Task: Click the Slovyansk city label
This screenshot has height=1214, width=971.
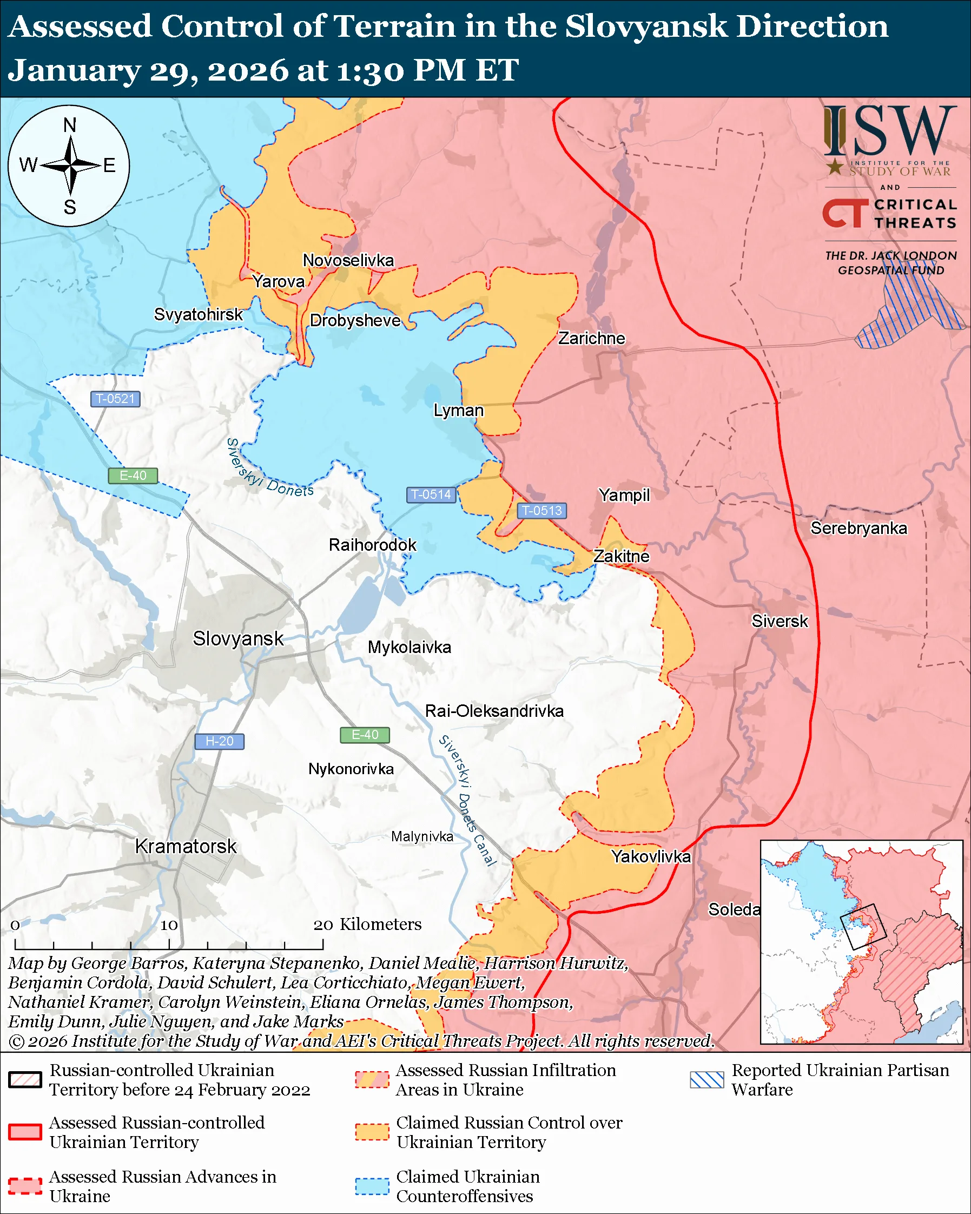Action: tap(238, 638)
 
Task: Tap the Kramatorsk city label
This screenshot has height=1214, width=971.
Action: tap(186, 846)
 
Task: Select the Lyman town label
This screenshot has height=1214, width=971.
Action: tap(458, 411)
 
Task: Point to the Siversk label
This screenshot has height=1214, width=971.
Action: tap(780, 621)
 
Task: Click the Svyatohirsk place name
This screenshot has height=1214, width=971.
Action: tap(198, 314)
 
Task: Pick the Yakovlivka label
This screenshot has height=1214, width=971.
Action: tap(651, 856)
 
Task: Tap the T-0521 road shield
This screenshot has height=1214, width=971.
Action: tap(115, 399)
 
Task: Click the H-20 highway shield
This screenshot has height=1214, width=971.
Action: tap(219, 741)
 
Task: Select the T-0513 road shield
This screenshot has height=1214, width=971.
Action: tap(541, 510)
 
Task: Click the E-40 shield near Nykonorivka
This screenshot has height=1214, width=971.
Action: tap(365, 735)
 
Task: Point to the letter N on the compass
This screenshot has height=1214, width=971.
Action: tap(70, 125)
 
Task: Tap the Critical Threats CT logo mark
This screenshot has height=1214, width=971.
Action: tap(844, 213)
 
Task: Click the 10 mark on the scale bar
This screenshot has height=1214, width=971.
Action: tap(169, 925)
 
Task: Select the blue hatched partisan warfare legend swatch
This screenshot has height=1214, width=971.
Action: tap(707, 1079)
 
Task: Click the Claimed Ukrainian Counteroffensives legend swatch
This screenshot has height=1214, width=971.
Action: tap(372, 1186)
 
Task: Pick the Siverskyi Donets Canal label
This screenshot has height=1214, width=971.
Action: tap(467, 800)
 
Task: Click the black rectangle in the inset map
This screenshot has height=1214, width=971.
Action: tap(863, 926)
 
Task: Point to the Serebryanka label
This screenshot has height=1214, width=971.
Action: tap(858, 528)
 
